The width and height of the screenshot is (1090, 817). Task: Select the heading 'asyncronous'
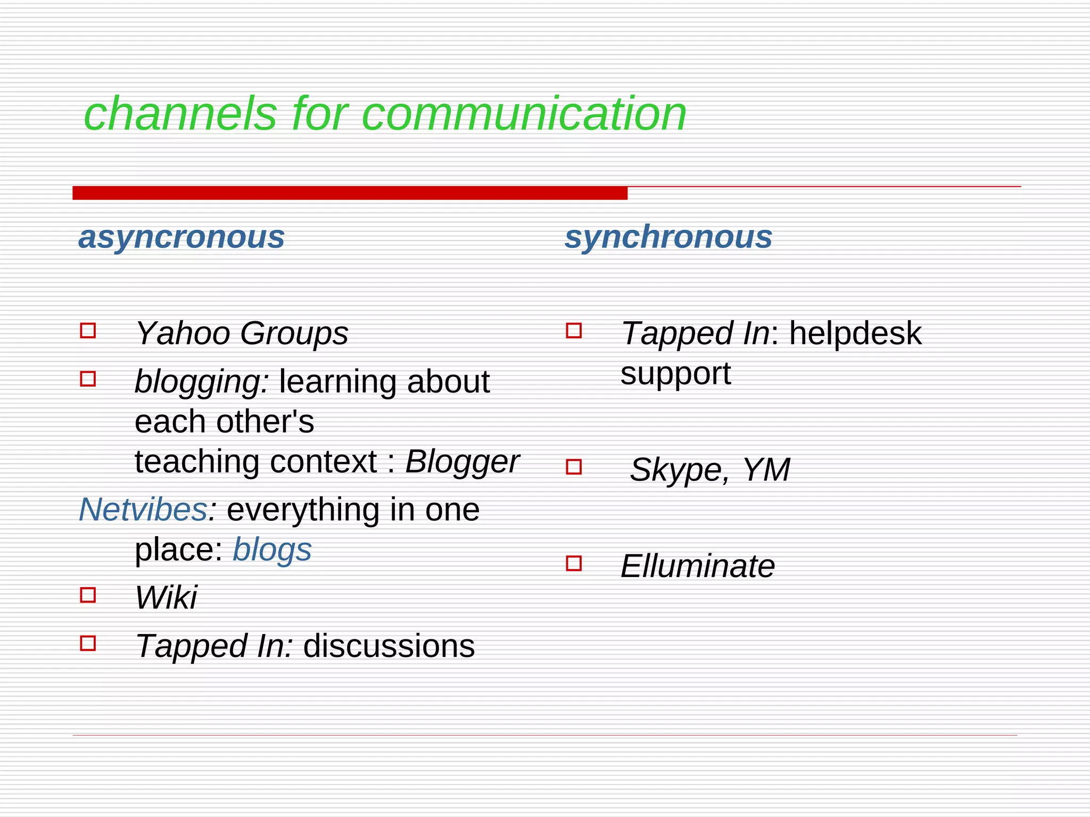click(181, 237)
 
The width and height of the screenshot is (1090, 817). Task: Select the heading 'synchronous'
click(668, 237)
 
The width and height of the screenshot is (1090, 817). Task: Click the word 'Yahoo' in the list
click(182, 334)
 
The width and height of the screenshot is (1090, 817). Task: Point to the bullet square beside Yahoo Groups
click(88, 330)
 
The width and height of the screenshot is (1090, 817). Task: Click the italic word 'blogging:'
click(202, 382)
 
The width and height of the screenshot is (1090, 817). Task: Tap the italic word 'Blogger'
click(462, 461)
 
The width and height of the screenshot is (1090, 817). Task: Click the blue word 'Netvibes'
click(143, 510)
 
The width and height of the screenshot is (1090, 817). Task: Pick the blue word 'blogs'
click(272, 550)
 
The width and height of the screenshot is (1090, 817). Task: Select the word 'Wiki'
click(166, 597)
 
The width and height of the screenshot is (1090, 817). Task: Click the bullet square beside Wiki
click(88, 595)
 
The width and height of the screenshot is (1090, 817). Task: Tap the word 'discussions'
click(389, 646)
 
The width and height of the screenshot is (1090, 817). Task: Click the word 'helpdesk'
click(855, 334)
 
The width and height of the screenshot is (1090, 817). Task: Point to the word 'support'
click(675, 374)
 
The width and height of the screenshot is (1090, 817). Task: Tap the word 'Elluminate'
click(698, 566)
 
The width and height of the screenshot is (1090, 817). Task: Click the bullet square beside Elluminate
click(574, 563)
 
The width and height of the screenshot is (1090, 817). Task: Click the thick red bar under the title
click(350, 193)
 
